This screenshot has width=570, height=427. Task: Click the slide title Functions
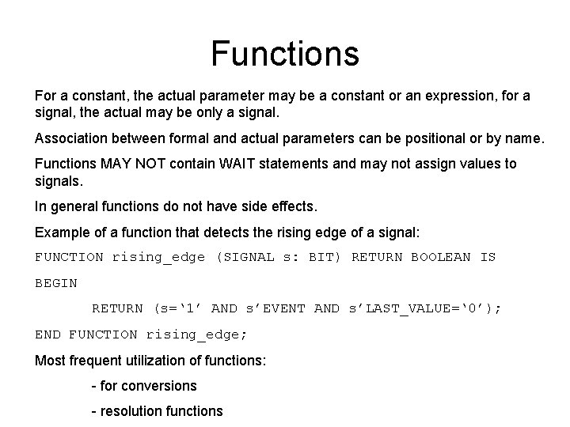[285, 54]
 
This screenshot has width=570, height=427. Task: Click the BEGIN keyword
[56, 282]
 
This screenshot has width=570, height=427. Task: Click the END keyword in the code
[47, 334]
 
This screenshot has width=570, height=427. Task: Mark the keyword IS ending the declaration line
[488, 257]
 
